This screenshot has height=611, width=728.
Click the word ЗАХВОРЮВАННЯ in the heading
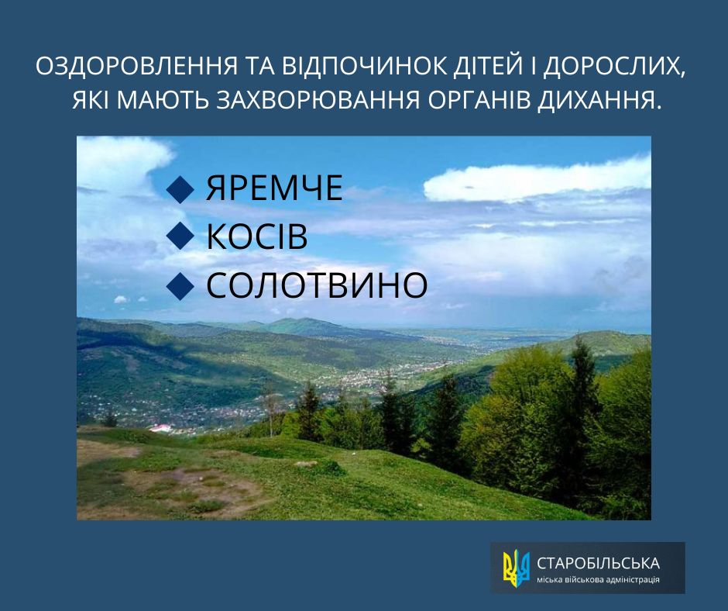[x=320, y=101]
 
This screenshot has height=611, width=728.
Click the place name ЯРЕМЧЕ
[x=274, y=190]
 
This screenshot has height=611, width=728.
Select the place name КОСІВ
[x=257, y=238]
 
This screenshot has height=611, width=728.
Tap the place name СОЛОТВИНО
[x=317, y=286]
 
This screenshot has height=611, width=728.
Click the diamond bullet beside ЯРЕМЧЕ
[x=180, y=190]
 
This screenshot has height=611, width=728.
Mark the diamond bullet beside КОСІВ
[x=180, y=238]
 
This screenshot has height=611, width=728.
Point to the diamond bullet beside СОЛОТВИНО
[x=180, y=286]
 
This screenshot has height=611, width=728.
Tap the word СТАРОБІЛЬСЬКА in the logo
[x=599, y=562]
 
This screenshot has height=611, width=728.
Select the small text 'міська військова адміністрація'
[x=599, y=580]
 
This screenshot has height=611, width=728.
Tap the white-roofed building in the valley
[x=161, y=428]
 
